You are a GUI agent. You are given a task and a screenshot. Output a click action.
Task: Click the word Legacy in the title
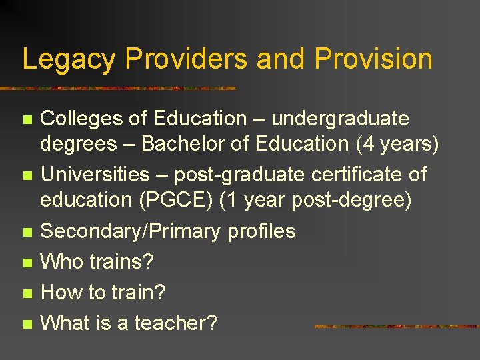click(x=69, y=59)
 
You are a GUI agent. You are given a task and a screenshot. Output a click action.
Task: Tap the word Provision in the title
click(x=373, y=59)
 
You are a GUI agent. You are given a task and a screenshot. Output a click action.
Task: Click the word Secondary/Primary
click(x=131, y=231)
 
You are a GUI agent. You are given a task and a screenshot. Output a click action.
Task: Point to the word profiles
click(x=261, y=231)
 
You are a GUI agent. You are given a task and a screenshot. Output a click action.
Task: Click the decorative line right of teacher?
click(x=396, y=327)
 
